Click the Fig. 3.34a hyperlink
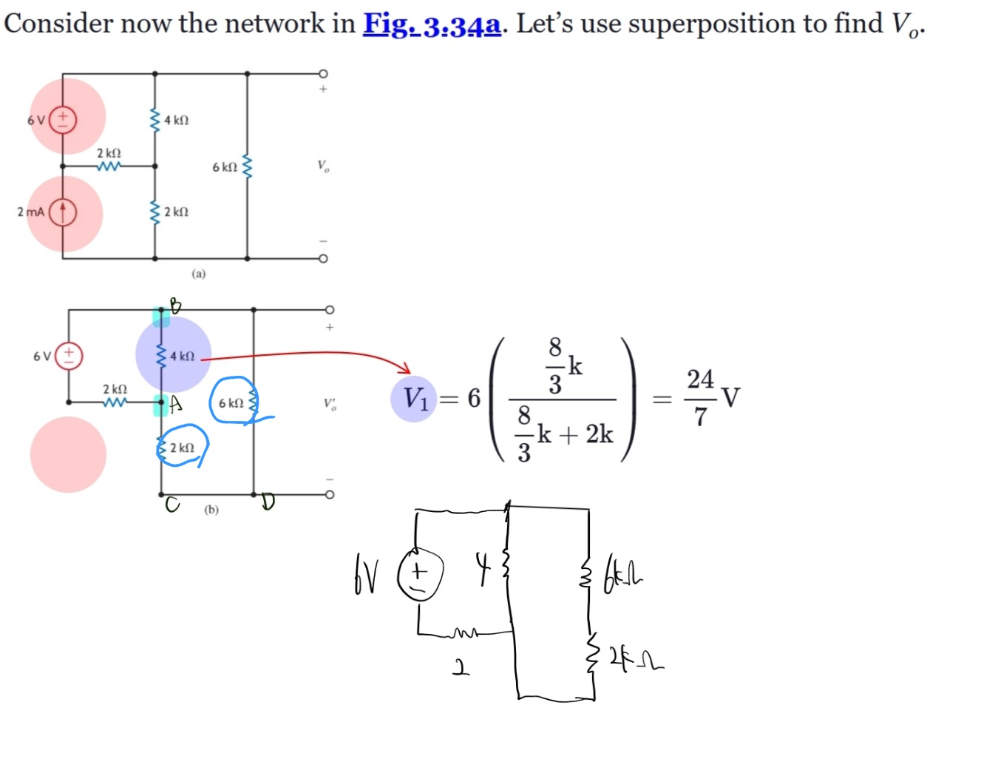coord(432,24)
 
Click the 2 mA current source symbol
coord(63,212)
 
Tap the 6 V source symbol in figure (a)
coord(63,118)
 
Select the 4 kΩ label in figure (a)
coord(176,120)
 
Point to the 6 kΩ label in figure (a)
coord(225,167)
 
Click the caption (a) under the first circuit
coord(199,274)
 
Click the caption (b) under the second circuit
coord(211,510)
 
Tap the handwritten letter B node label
coord(174,304)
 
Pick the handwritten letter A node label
coord(175,404)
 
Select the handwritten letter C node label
coord(172,505)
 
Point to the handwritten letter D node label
coord(268,503)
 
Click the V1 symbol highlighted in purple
coord(415,399)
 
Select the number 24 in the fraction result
coord(700,379)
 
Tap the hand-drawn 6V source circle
coord(420,575)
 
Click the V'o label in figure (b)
coord(330,404)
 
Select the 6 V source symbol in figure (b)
coord(69,356)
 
